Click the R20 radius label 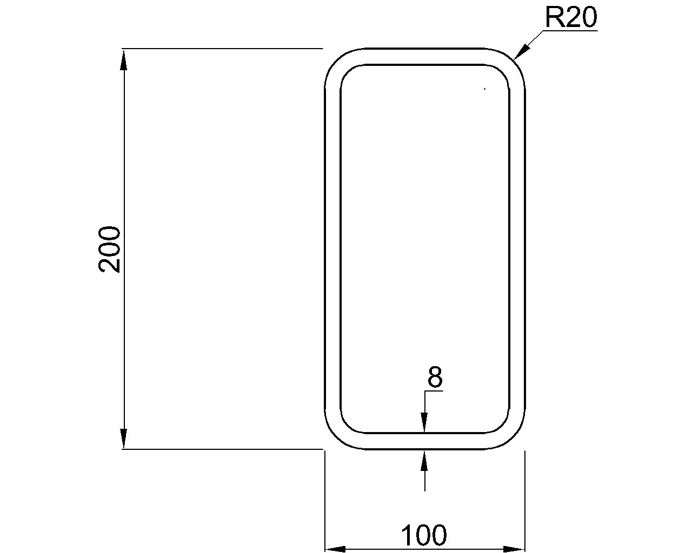tap(570, 18)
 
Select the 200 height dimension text tap(110, 249)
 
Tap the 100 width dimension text tap(424, 535)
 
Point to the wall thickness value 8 tap(435, 377)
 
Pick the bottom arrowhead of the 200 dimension tap(124, 439)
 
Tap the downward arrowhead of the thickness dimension tap(424, 423)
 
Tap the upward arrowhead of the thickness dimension tap(424, 460)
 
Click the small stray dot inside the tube tap(485, 89)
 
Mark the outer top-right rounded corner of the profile tap(513, 60)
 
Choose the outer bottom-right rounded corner tap(513, 437)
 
